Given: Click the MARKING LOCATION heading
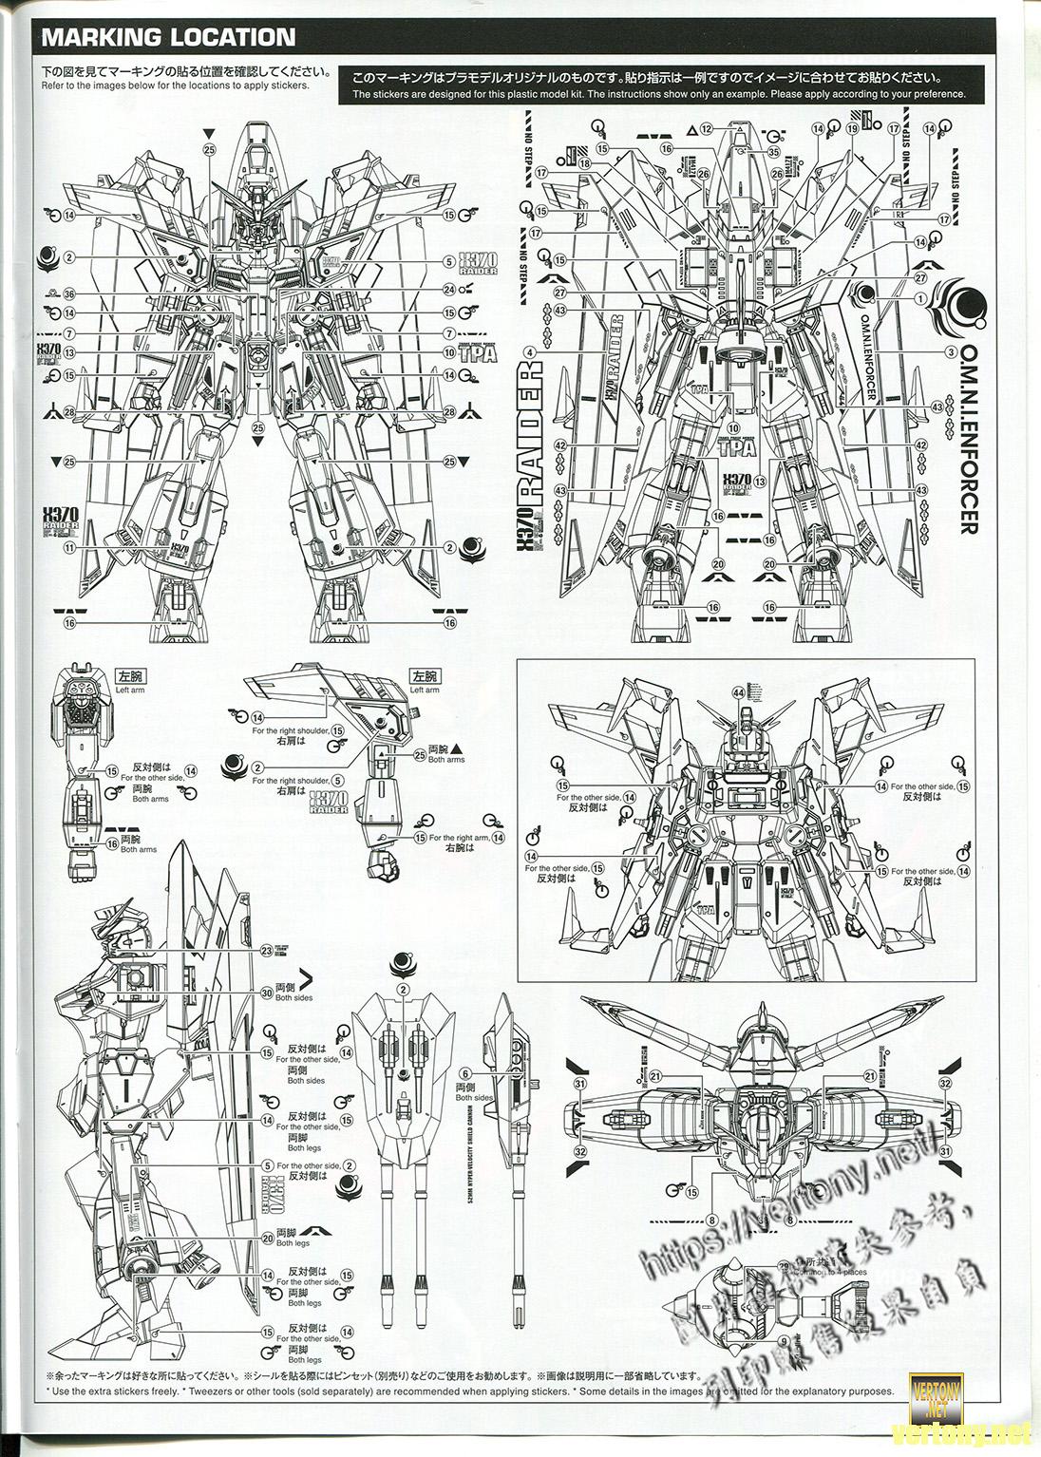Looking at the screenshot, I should point(167,37).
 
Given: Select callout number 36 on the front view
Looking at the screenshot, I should point(69,294).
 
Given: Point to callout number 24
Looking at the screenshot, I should point(449,290).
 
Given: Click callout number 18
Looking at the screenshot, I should point(584,163).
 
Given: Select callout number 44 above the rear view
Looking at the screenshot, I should point(738,691).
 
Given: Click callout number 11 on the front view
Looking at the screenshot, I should point(69,548).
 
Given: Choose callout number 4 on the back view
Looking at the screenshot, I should point(530,351).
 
